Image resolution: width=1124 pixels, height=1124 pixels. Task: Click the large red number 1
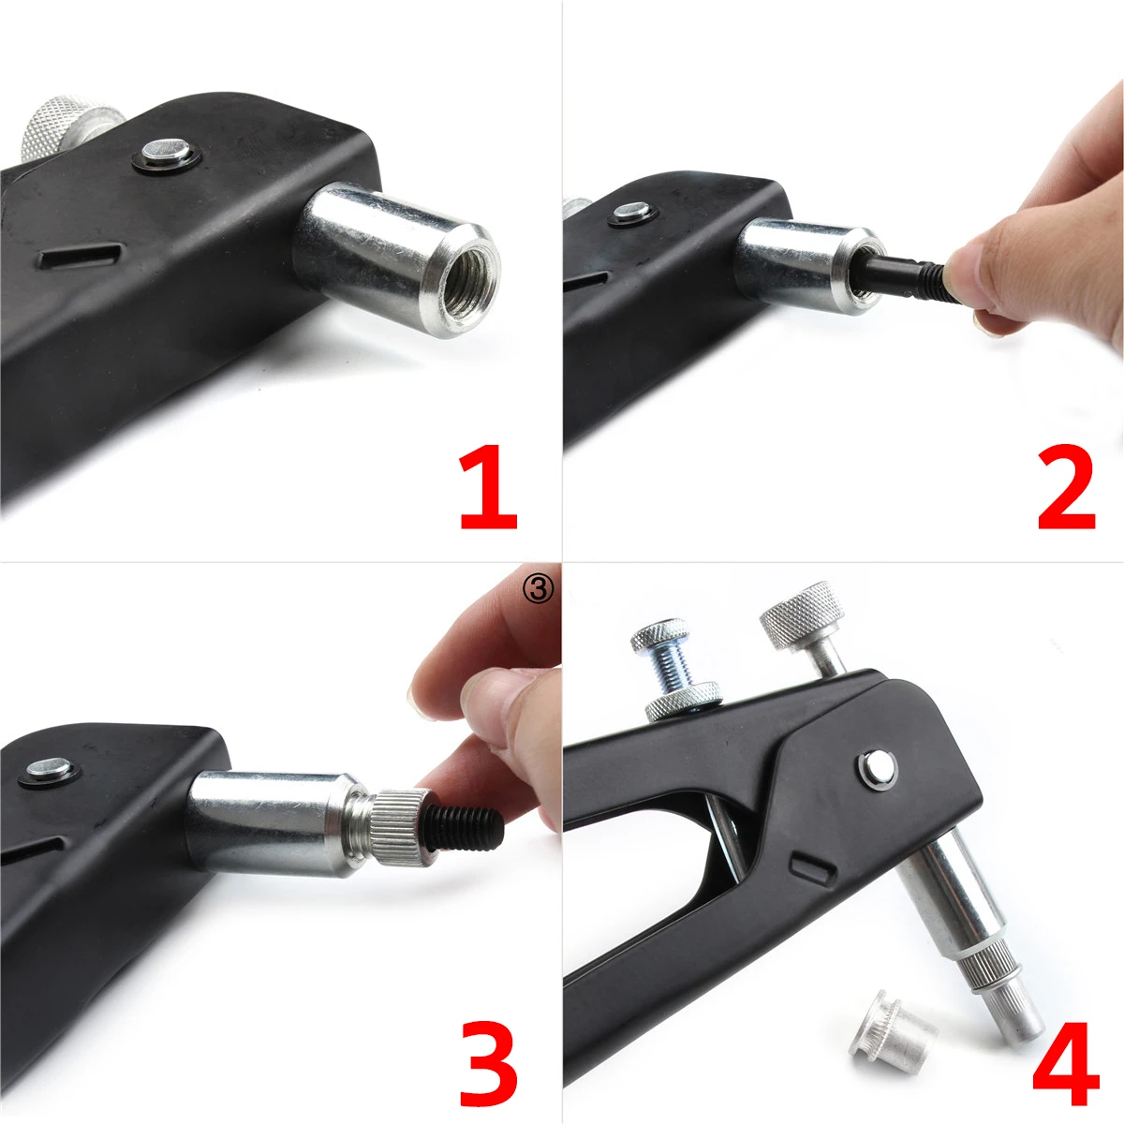tap(489, 490)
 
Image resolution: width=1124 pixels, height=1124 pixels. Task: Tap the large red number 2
tap(1066, 490)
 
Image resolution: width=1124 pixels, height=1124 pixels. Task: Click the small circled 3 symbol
tap(541, 587)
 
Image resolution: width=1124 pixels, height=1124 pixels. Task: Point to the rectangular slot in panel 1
tap(84, 255)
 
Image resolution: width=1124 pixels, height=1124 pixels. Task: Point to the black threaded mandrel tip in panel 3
tap(472, 824)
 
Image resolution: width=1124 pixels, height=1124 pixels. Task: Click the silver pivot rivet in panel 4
tap(877, 766)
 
